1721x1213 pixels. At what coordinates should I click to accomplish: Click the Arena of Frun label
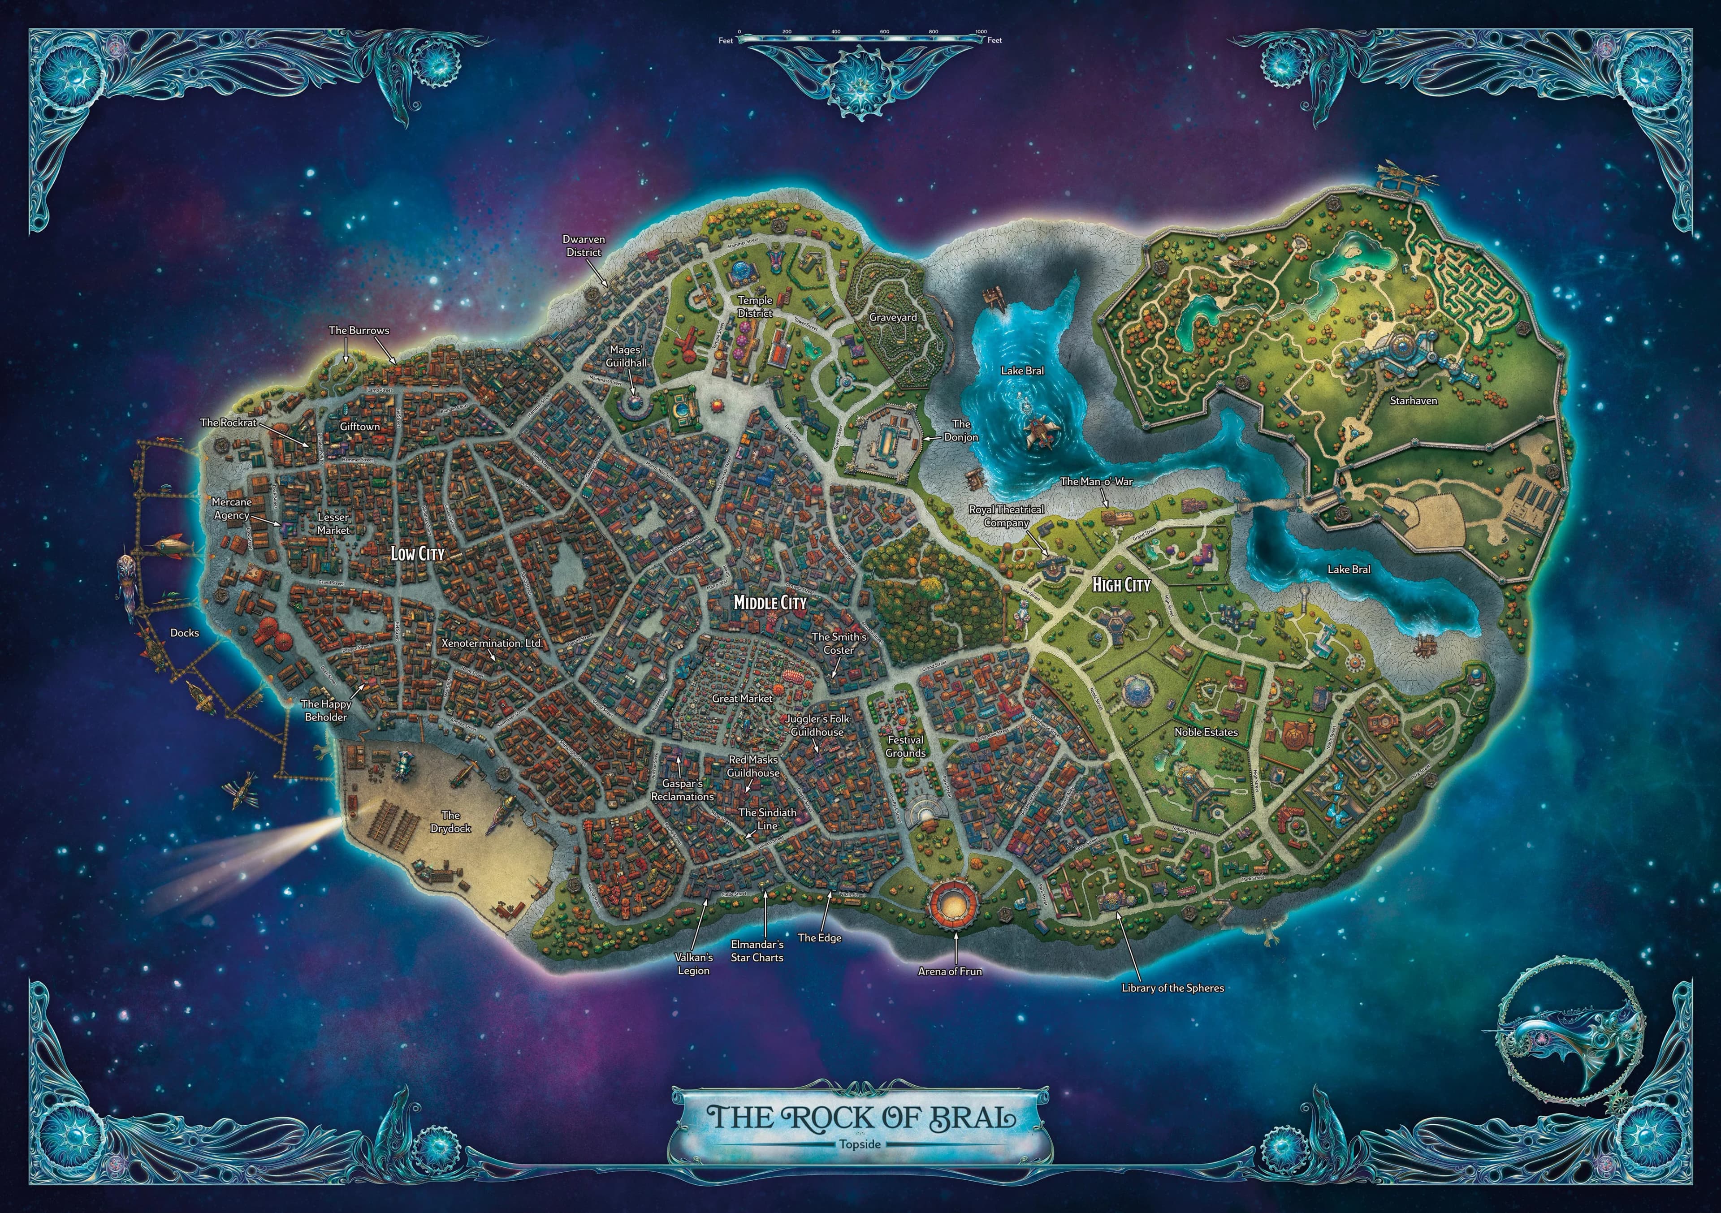pos(950,971)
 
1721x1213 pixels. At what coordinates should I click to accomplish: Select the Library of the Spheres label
pos(1172,988)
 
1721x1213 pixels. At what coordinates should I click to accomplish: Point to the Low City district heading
pos(418,554)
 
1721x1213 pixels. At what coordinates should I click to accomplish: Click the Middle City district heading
pos(770,602)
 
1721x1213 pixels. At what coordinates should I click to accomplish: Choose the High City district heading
pos(1120,584)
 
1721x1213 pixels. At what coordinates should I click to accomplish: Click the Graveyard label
pos(893,317)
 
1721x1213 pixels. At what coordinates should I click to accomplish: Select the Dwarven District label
pos(584,246)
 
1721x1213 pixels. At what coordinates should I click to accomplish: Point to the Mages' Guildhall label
pos(626,356)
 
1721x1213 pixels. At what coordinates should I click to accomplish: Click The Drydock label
pos(450,821)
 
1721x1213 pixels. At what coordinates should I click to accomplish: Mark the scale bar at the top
pos(860,36)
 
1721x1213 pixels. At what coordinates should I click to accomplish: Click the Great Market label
pos(742,698)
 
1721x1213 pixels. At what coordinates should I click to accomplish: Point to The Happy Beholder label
pos(326,710)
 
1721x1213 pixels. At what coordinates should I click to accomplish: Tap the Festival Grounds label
pos(905,746)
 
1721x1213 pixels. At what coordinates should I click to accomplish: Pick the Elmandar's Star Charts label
pos(757,951)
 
